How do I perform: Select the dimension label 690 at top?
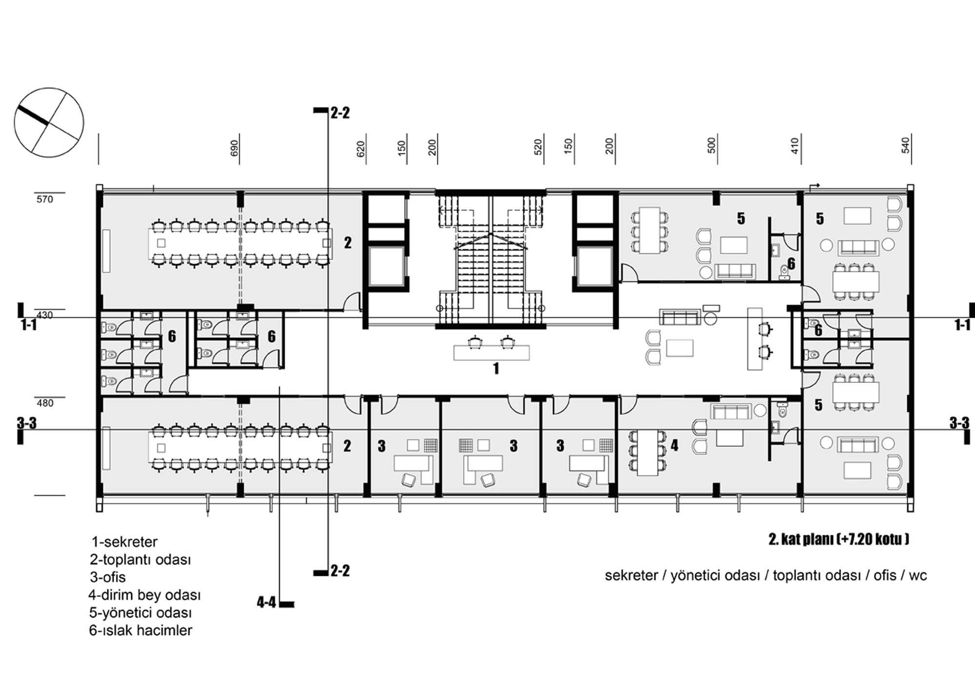pyautogui.click(x=234, y=148)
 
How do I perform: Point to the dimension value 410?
pyautogui.click(x=795, y=145)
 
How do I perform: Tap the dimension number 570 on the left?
pyautogui.click(x=45, y=199)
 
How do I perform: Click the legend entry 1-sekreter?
pyautogui.click(x=125, y=542)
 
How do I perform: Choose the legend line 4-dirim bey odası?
pyautogui.click(x=145, y=595)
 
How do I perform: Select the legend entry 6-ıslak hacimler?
pyautogui.click(x=140, y=630)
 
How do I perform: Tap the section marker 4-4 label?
pyautogui.click(x=266, y=602)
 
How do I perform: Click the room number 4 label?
pyautogui.click(x=674, y=445)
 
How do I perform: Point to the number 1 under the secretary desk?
pyautogui.click(x=496, y=368)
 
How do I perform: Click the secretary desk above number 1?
pyautogui.click(x=491, y=352)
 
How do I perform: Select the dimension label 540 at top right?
pyautogui.click(x=905, y=145)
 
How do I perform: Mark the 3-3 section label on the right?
pyautogui.click(x=959, y=423)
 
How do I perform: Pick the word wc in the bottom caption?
pyautogui.click(x=917, y=576)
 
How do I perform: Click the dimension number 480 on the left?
pyautogui.click(x=45, y=403)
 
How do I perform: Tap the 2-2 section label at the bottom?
pyautogui.click(x=340, y=570)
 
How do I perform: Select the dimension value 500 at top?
pyautogui.click(x=711, y=145)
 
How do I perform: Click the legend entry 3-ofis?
pyautogui.click(x=108, y=577)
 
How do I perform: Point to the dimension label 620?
pyautogui.click(x=361, y=149)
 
